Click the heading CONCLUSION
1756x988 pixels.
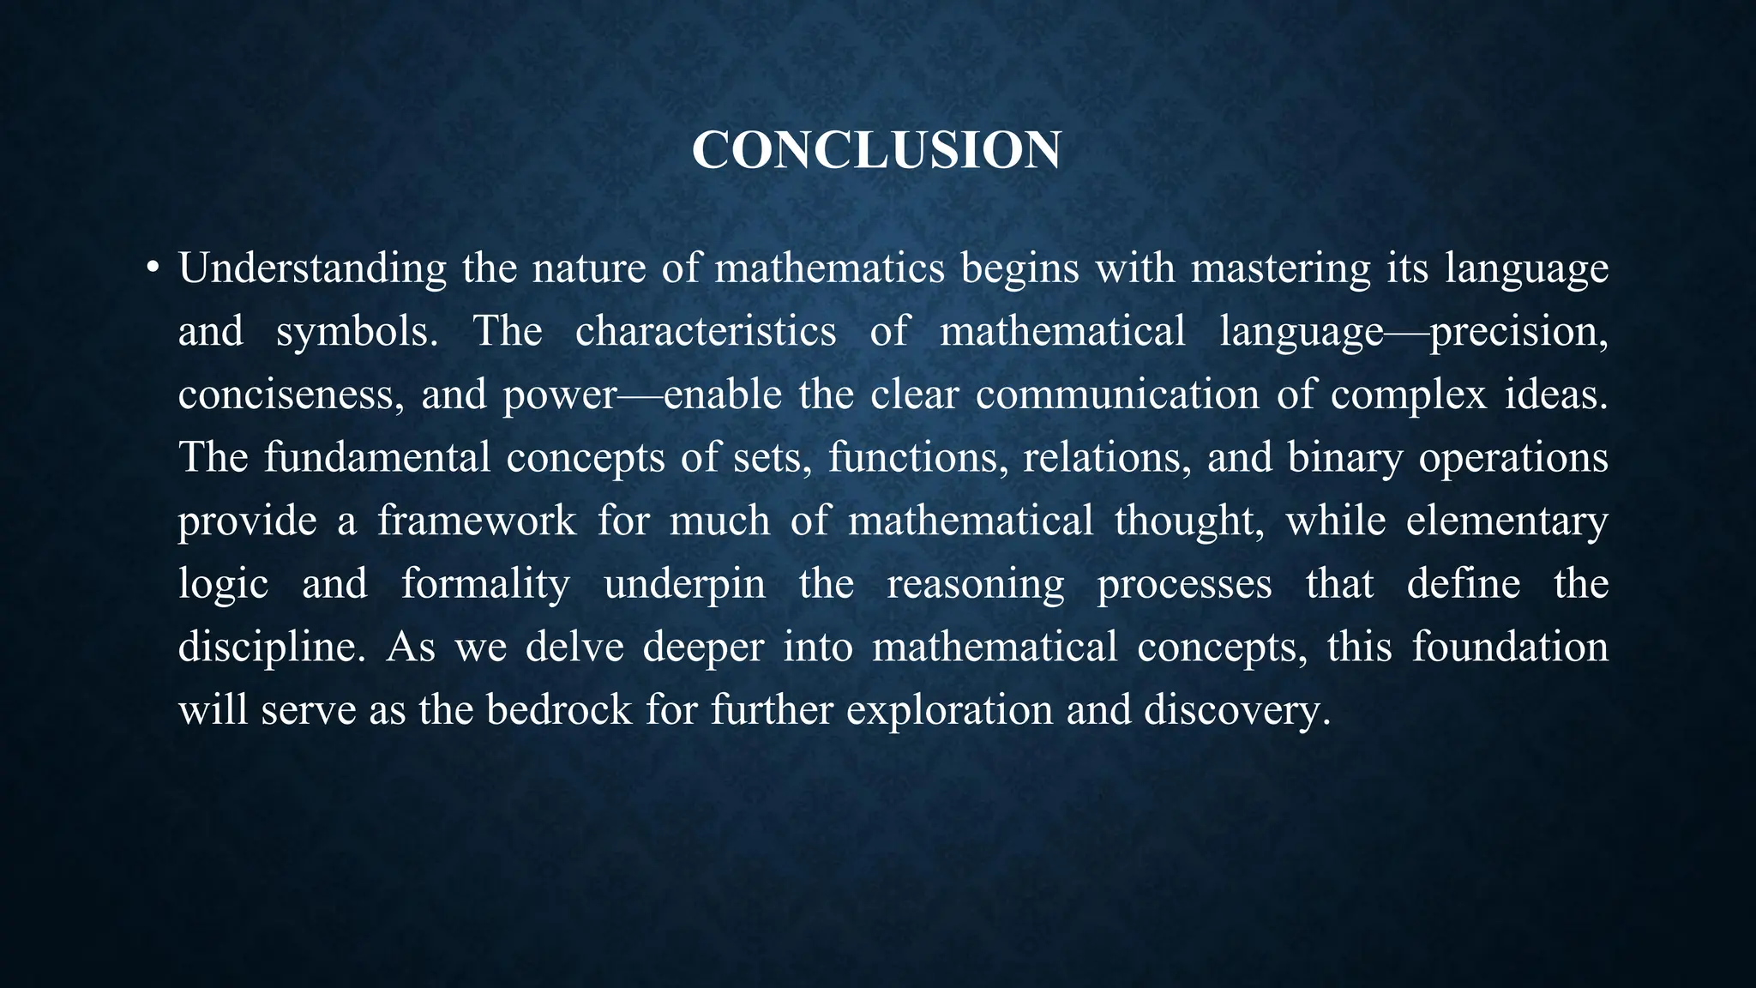(876, 150)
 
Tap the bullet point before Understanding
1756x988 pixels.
(153, 269)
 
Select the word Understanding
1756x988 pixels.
(312, 269)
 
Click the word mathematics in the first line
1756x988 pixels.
(829, 268)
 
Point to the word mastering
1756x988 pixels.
(1281, 269)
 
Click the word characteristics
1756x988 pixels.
(706, 331)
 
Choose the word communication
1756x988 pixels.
(1117, 395)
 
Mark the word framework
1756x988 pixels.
(477, 521)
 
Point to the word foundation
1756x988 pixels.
(1510, 647)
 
